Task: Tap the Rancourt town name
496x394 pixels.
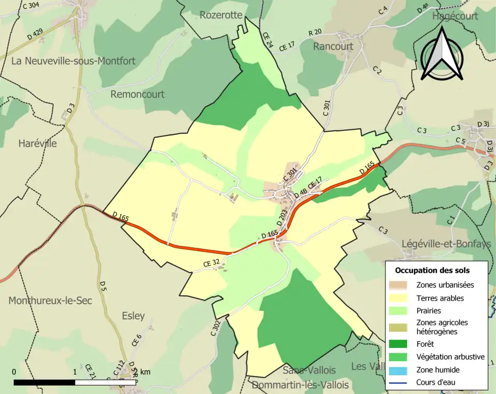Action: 333,46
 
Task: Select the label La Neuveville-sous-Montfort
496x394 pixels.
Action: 73,61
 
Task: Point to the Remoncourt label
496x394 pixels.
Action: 137,94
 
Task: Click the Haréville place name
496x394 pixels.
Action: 37,144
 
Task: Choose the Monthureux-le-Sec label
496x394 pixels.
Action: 50,301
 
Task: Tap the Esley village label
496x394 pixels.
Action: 133,316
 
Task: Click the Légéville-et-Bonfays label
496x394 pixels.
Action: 446,244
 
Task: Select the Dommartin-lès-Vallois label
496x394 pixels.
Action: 300,385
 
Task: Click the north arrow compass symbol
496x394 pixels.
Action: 441,54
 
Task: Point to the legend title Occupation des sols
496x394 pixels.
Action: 432,270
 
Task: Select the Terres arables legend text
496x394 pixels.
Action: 440,298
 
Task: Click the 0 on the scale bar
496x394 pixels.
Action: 14,372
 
